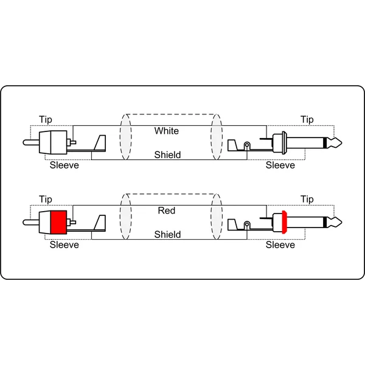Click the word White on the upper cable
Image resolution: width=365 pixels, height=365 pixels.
[167, 131]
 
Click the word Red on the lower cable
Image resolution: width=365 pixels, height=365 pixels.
[167, 210]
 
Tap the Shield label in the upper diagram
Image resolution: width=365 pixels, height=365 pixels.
[167, 155]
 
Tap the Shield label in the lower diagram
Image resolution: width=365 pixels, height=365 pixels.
[167, 234]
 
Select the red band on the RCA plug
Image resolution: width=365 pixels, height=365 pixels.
[58, 222]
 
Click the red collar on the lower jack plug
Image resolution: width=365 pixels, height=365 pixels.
[284, 222]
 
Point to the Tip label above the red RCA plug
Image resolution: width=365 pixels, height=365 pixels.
[46, 200]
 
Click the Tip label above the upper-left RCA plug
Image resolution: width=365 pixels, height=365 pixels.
[46, 120]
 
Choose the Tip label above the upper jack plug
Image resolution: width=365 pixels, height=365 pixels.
[307, 120]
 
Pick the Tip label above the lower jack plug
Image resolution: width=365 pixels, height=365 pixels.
[307, 200]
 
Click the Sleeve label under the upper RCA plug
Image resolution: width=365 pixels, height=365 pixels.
[64, 165]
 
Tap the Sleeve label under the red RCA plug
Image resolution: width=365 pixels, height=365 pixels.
[64, 245]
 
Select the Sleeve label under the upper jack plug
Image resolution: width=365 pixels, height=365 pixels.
[280, 165]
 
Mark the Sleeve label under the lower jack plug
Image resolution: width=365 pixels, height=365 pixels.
[280, 245]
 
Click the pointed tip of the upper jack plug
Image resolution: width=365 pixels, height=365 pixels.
[341, 142]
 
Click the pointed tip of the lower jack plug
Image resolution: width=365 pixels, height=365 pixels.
[341, 222]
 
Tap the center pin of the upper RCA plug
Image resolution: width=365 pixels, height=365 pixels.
[31, 142]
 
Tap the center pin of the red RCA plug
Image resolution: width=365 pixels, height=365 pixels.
[31, 222]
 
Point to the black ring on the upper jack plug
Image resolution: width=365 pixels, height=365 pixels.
[325, 142]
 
